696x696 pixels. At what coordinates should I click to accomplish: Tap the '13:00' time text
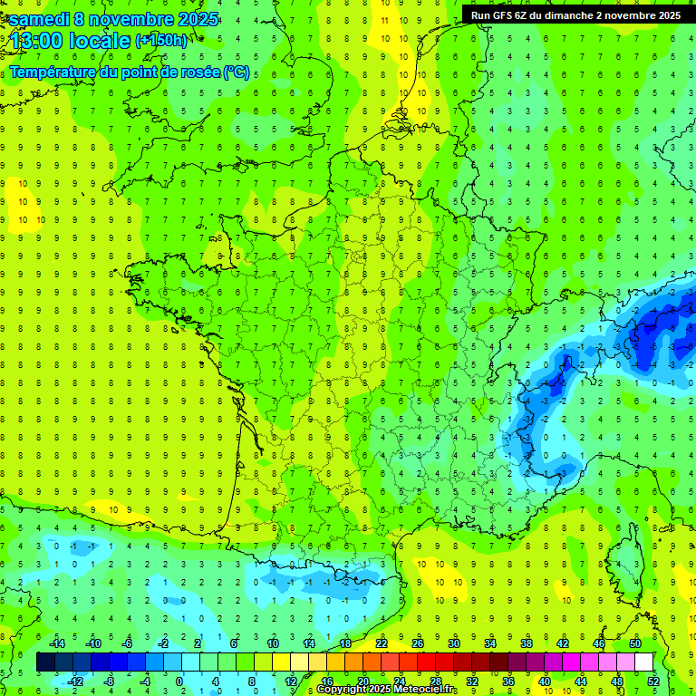click(x=35, y=41)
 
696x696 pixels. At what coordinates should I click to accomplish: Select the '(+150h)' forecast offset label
click(x=160, y=41)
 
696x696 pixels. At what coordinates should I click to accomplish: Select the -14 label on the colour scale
click(x=56, y=643)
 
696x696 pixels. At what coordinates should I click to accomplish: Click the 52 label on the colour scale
click(x=653, y=681)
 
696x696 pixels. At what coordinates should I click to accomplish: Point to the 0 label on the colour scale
click(x=179, y=681)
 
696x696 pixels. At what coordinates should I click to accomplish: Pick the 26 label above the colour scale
click(x=418, y=643)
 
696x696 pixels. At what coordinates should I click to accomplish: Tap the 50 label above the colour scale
click(x=635, y=643)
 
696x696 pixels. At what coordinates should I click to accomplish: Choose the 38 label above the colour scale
click(x=527, y=643)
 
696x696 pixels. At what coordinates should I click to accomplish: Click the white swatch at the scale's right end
click(x=644, y=662)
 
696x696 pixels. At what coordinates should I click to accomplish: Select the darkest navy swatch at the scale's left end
click(x=45, y=662)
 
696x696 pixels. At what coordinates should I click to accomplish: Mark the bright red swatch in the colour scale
click(x=427, y=662)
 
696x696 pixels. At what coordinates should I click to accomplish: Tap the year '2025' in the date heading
click(x=191, y=19)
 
